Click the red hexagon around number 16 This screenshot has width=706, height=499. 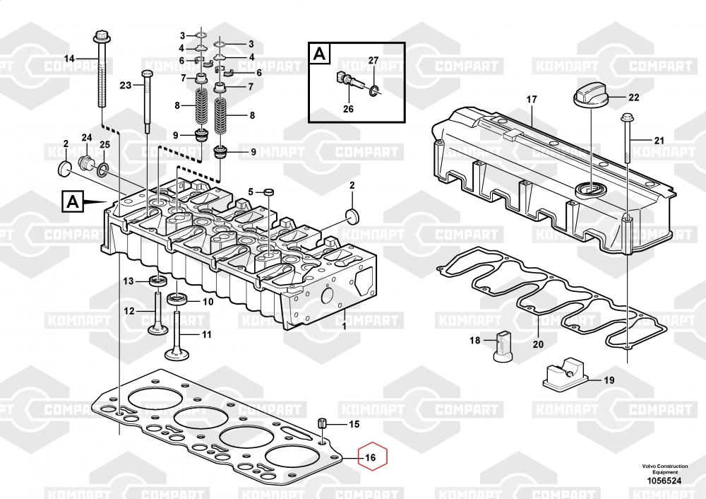click(x=373, y=457)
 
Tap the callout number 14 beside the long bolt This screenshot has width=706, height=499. click(x=69, y=58)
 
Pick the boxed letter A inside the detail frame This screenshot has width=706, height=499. click(x=320, y=53)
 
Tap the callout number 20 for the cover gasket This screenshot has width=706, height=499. click(x=538, y=345)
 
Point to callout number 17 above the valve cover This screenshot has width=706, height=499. click(x=532, y=100)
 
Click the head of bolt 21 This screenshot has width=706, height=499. click(x=626, y=117)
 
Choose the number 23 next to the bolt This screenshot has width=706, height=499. click(x=126, y=86)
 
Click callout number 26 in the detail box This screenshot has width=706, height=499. click(x=347, y=109)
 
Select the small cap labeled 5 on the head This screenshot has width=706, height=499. click(x=268, y=192)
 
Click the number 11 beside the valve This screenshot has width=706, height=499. click(x=206, y=334)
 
